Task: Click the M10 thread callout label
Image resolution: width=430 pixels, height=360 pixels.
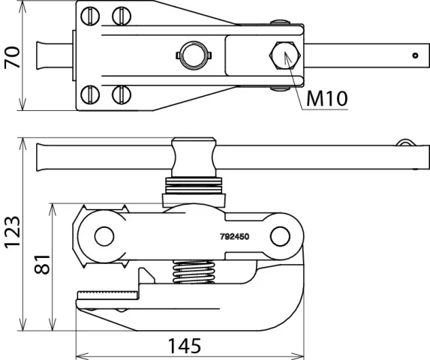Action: [327, 98]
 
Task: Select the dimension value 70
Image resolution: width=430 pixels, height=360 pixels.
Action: [12, 58]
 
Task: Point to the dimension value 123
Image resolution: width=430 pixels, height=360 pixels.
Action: [12, 232]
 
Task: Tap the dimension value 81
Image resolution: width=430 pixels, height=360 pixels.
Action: [42, 265]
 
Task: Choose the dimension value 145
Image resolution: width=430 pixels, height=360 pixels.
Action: [185, 346]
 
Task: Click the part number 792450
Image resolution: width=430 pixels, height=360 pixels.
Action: [234, 236]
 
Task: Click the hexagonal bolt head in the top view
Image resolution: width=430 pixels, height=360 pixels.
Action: [285, 55]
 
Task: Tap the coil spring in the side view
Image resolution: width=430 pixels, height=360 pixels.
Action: [194, 271]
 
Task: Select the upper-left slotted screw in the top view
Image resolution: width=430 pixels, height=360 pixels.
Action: [90, 16]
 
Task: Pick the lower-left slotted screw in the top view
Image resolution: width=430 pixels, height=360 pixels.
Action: [90, 94]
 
